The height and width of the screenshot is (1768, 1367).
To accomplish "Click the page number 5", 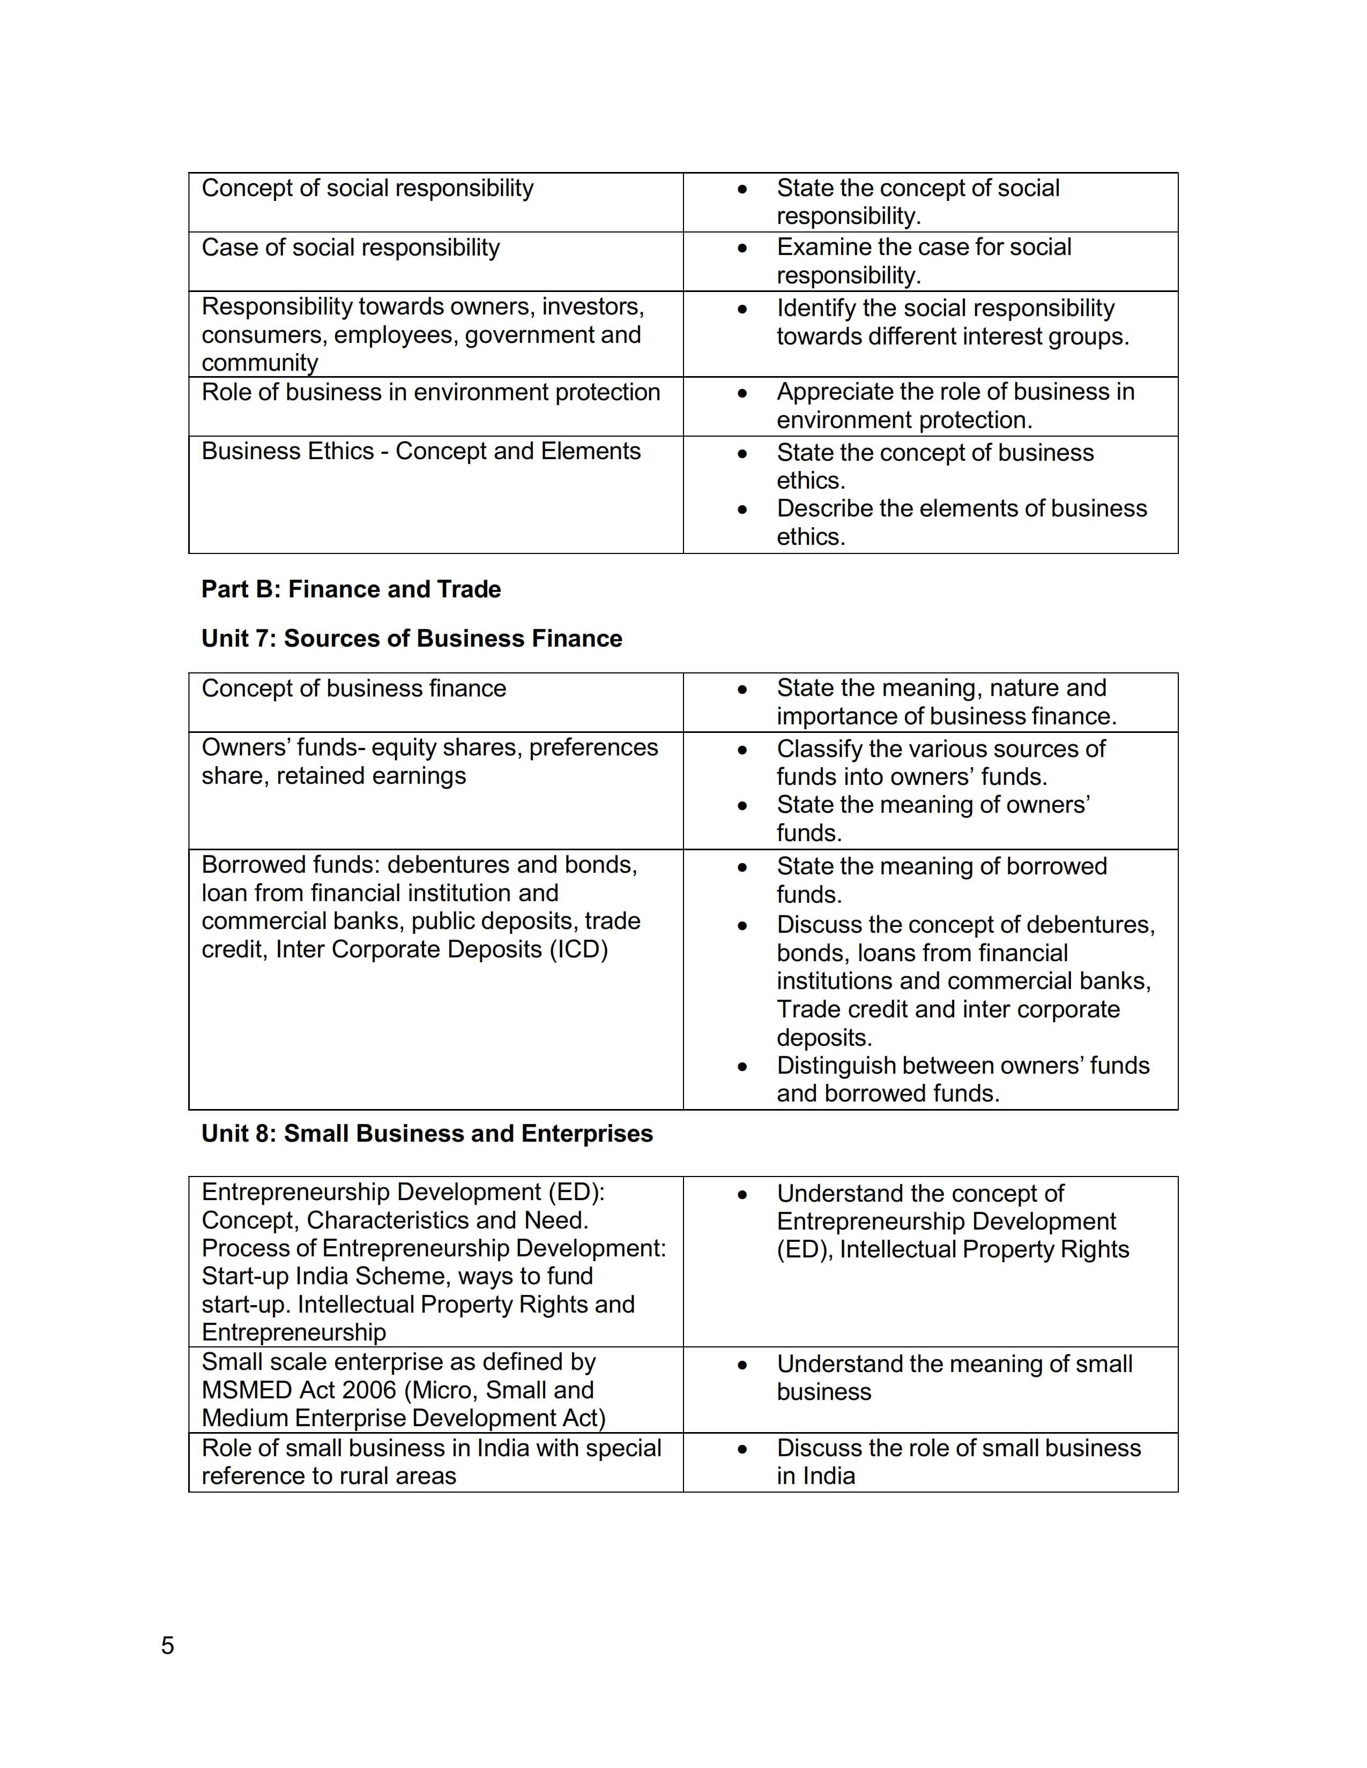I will point(168,1645).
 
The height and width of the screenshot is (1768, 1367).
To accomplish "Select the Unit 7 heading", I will point(411,638).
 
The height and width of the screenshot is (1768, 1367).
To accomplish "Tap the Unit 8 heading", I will point(427,1133).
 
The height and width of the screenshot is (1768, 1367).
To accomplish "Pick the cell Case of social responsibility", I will point(351,247).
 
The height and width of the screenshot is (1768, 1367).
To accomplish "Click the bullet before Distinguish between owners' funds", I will point(742,1066).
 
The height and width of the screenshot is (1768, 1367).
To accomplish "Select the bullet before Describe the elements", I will point(742,509).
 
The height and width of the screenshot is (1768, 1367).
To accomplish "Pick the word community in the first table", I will point(260,363).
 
